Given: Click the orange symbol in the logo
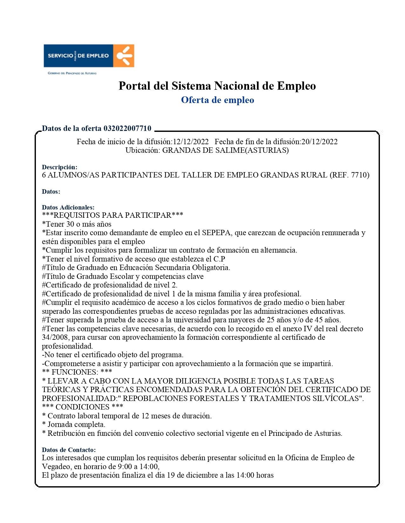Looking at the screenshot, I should [124, 55].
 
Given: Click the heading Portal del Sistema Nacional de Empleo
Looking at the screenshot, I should [217, 86].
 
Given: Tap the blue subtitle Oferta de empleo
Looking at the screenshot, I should [218, 100].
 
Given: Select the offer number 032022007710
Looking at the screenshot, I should [128, 128].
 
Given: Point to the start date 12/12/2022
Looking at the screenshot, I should [191, 142].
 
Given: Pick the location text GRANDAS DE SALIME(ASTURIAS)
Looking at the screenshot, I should [226, 150].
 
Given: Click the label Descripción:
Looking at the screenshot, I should [60, 167].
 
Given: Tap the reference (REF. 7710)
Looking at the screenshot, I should [349, 175].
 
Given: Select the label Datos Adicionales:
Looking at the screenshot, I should [68, 207].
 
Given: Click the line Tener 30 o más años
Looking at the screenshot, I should [77, 224].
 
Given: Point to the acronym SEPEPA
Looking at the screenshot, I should [216, 233].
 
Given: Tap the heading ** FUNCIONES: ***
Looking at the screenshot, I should [77, 372].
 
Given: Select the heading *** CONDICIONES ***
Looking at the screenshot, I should [83, 407].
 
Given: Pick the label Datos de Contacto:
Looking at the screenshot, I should [69, 450].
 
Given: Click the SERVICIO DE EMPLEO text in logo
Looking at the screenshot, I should [78, 55].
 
